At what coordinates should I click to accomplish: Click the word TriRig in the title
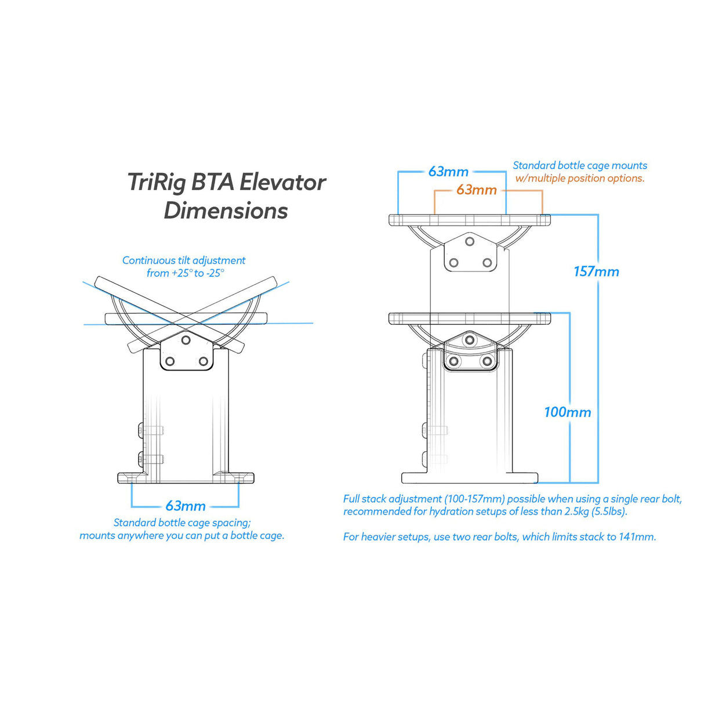tap(157, 182)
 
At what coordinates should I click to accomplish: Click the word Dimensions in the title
tap(226, 211)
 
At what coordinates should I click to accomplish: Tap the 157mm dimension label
tap(596, 271)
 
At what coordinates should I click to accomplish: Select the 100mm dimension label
tap(567, 412)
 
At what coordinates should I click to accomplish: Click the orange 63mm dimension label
tap(476, 190)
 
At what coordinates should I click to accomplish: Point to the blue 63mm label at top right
tap(448, 172)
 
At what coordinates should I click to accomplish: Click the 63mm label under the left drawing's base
tap(186, 506)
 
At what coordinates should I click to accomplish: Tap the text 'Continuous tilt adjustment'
tap(184, 260)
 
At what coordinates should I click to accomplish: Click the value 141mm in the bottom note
tap(636, 537)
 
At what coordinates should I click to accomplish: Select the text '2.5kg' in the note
tap(576, 511)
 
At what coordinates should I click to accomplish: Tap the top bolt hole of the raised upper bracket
tap(470, 242)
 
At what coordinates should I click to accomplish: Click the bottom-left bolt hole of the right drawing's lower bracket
tap(454, 362)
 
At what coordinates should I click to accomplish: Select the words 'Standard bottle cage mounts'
tap(580, 166)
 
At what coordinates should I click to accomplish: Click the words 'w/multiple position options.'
tap(580, 179)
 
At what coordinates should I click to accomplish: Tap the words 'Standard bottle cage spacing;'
tap(182, 522)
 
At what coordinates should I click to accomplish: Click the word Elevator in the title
tap(282, 182)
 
